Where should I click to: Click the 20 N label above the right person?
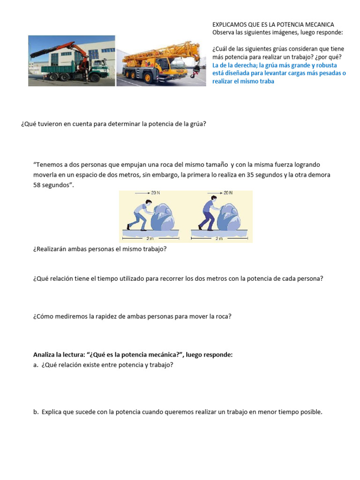tap(228, 193)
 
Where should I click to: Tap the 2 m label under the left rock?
tap(150, 238)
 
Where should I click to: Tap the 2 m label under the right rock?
tap(218, 238)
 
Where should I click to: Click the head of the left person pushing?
tap(149, 203)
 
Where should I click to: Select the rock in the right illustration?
tap(230, 217)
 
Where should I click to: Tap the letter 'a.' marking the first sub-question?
tap(36, 365)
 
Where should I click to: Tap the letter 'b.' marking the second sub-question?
tap(36, 412)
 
